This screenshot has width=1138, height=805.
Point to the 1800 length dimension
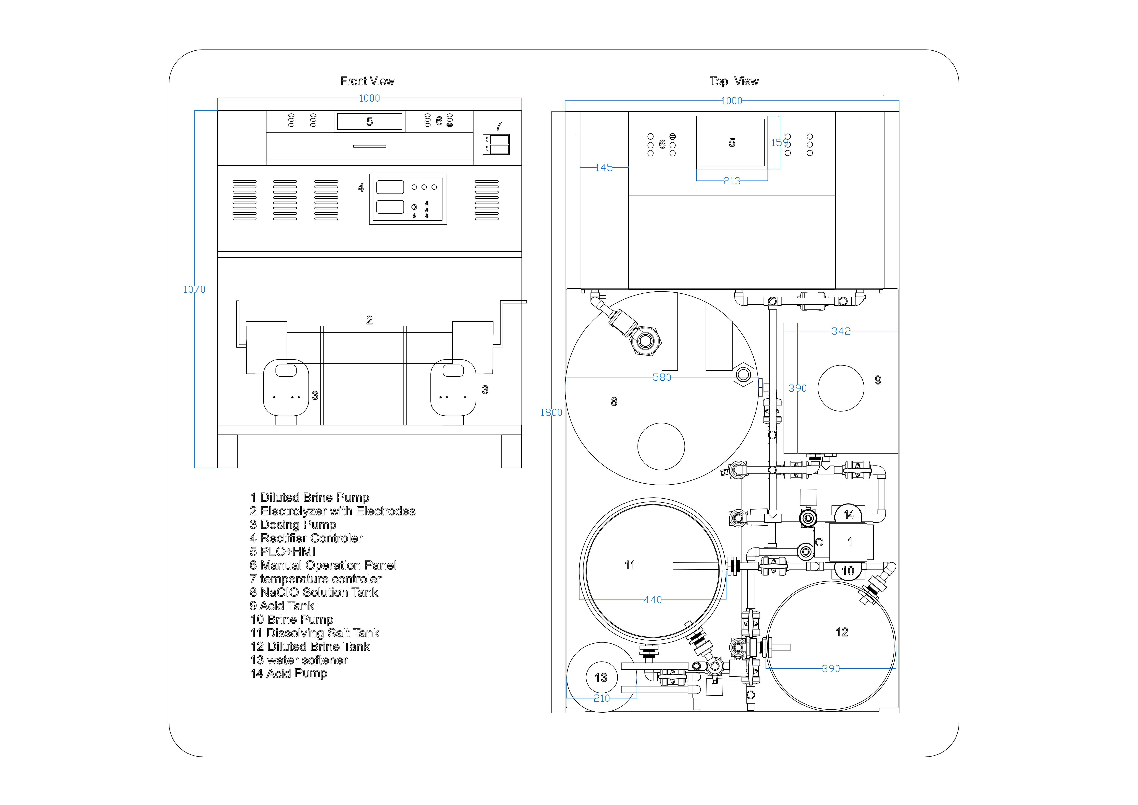tap(551, 412)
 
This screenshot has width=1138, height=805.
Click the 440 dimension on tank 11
tap(653, 600)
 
